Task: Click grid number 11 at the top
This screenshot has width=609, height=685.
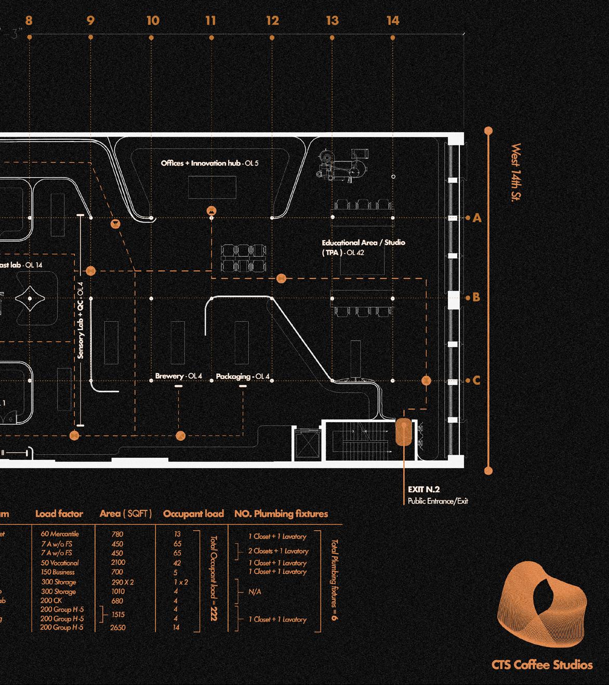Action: pyautogui.click(x=210, y=21)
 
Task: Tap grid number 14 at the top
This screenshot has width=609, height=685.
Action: pyautogui.click(x=393, y=21)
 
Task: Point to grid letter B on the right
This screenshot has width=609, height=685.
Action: pyautogui.click(x=476, y=298)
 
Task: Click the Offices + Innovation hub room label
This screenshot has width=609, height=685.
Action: pyautogui.click(x=209, y=163)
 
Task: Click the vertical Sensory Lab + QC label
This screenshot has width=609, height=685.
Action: pyautogui.click(x=81, y=321)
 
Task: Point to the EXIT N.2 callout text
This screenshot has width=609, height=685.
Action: pyautogui.click(x=424, y=490)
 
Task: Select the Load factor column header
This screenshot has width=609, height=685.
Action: pyautogui.click(x=59, y=514)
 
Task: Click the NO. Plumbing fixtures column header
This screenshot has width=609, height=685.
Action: pyautogui.click(x=281, y=514)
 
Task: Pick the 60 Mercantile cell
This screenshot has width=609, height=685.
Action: pyautogui.click(x=60, y=534)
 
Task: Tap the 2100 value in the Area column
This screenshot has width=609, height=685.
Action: pyautogui.click(x=118, y=562)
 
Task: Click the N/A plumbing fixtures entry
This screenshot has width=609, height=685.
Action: pyautogui.click(x=255, y=592)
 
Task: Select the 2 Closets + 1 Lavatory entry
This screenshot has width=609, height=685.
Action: pyautogui.click(x=278, y=551)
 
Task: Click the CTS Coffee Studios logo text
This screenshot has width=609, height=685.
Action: pyautogui.click(x=541, y=665)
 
